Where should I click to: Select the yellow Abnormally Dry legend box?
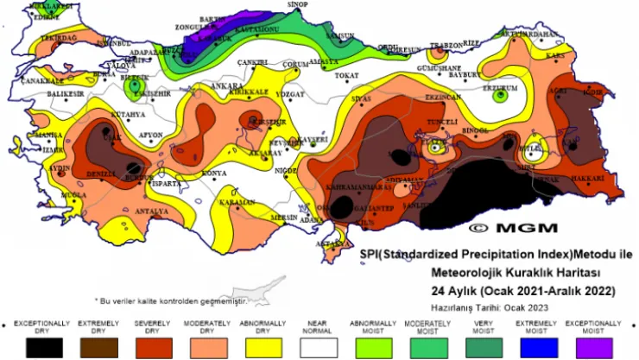pyautogui.click(x=262, y=345)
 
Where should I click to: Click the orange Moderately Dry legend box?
pyautogui.click(x=206, y=345)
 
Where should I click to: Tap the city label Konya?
pyautogui.click(x=213, y=174)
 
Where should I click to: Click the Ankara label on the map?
pyautogui.click(x=227, y=86)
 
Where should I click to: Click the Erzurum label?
pyautogui.click(x=499, y=86)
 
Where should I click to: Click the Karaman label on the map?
pyautogui.click(x=235, y=202)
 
